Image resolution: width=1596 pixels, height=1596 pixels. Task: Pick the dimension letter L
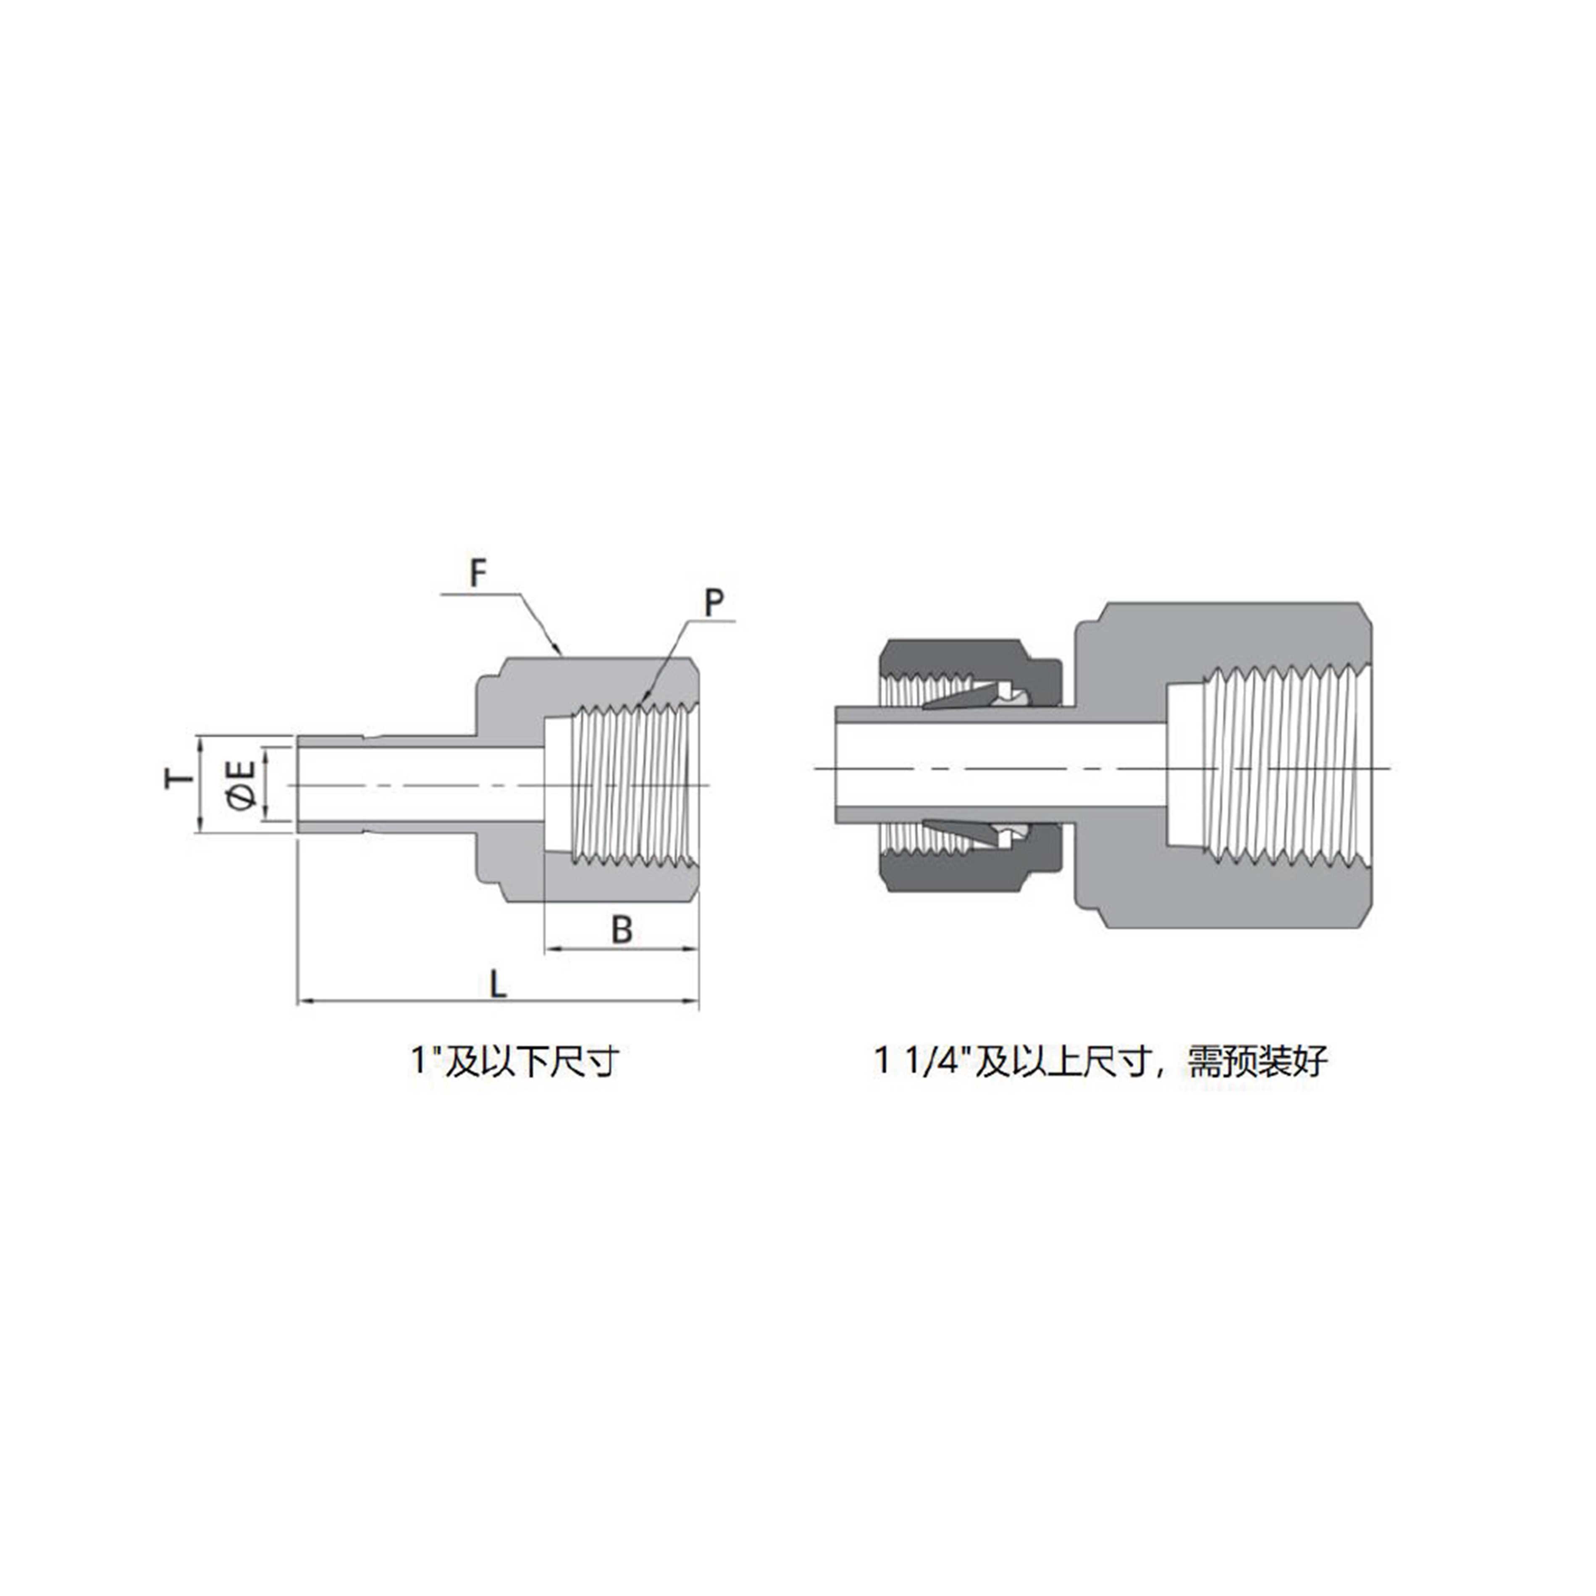point(497,984)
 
